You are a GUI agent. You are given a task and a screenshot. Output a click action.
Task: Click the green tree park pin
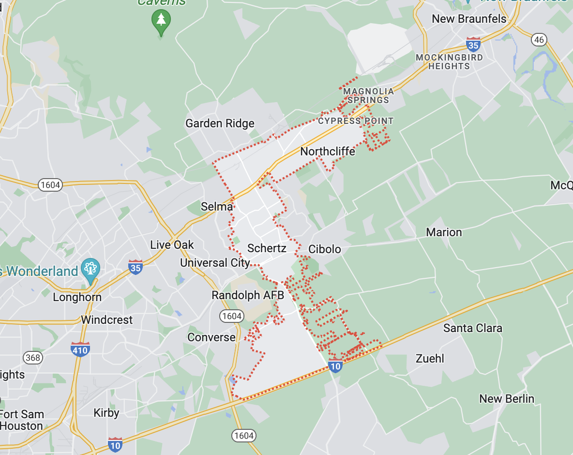[161, 21]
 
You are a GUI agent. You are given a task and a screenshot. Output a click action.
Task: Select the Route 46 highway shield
[539, 39]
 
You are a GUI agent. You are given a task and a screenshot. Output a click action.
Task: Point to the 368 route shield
[32, 358]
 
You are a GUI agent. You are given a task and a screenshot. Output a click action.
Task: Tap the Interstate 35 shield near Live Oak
[136, 267]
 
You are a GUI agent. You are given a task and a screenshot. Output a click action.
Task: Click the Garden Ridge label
[220, 123]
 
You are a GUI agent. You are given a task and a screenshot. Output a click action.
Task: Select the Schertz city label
[267, 248]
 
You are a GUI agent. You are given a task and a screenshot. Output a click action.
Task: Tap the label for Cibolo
[325, 249]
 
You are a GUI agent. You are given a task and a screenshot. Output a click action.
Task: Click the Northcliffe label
[328, 152]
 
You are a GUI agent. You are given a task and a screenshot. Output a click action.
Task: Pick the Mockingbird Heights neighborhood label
[449, 61]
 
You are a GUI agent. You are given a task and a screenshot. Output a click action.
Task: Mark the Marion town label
[444, 232]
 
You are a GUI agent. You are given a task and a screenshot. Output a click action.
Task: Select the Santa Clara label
[473, 328]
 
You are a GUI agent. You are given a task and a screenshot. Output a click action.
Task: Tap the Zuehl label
[430, 359]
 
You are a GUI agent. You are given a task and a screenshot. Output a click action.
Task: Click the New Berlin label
[507, 399]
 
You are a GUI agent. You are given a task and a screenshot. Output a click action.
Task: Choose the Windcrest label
[107, 320]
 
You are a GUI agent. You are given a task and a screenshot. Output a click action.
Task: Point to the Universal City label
[215, 263]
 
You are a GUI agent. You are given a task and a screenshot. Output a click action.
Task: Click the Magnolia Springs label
[368, 95]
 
